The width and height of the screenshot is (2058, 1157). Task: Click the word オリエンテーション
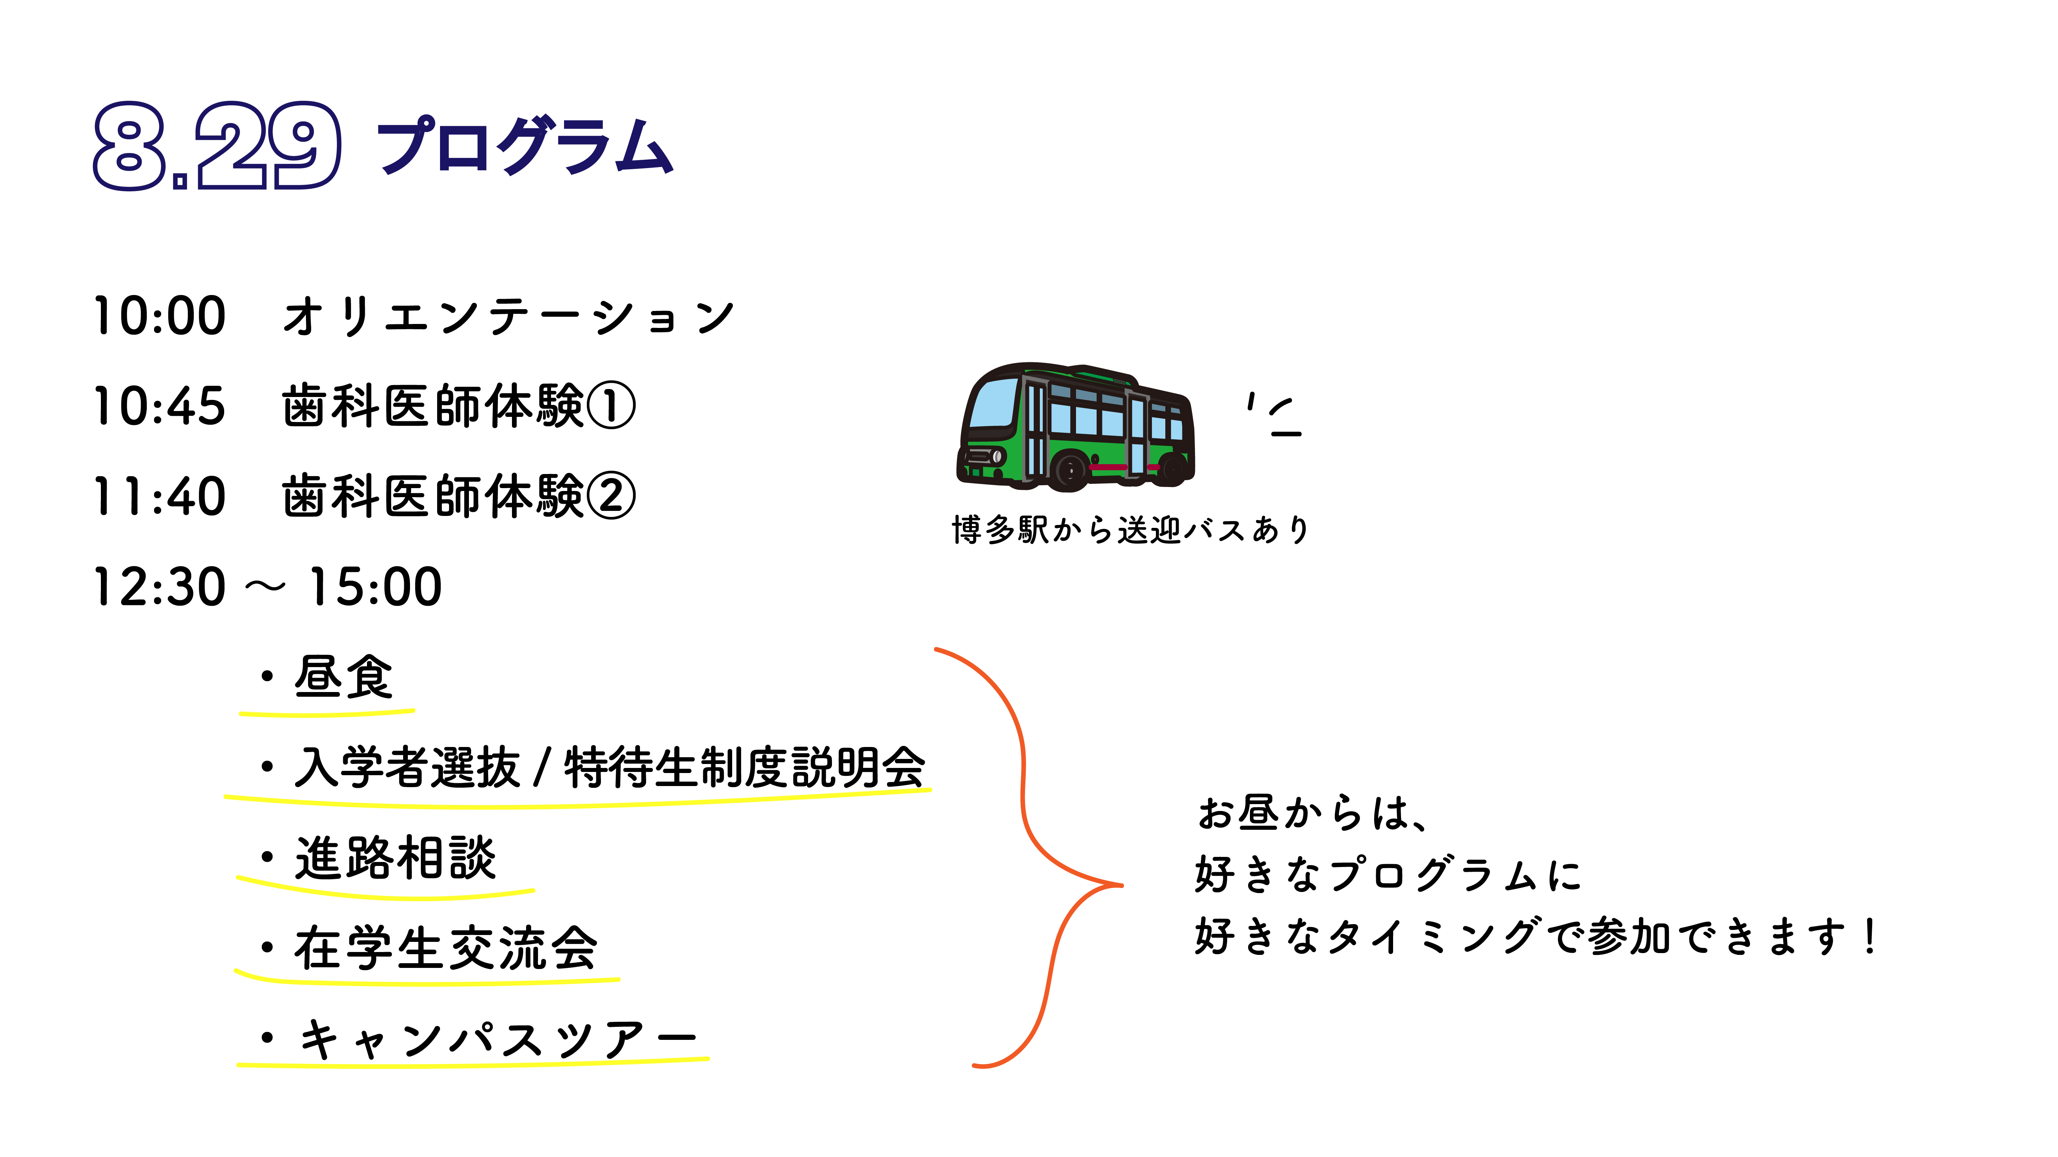coord(508,316)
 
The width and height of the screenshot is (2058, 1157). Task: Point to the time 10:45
coord(160,406)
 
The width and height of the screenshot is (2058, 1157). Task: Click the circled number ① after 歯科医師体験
coord(611,406)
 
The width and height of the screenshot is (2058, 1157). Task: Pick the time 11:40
coord(160,496)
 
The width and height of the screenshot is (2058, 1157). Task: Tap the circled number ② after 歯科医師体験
coord(611,496)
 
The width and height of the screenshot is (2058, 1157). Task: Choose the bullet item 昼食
coord(343,677)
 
